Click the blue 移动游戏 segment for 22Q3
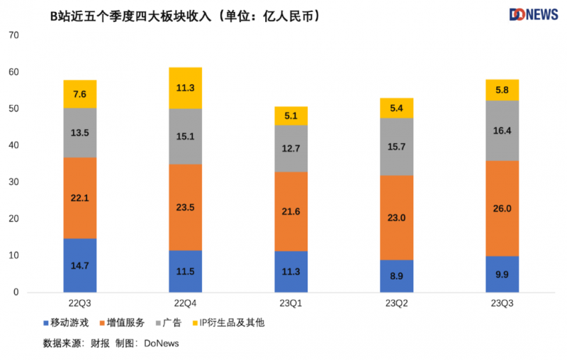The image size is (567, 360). [79, 265]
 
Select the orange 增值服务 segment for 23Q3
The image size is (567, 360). [502, 208]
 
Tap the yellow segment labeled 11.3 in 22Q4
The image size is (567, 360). [185, 88]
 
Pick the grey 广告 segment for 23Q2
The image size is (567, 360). [396, 147]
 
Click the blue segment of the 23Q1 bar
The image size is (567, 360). [291, 271]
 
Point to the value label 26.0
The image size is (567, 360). [502, 209]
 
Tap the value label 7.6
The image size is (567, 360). [79, 94]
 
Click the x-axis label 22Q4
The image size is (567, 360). [185, 303]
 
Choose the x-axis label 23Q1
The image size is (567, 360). [291, 303]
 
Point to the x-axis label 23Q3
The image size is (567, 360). [502, 303]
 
